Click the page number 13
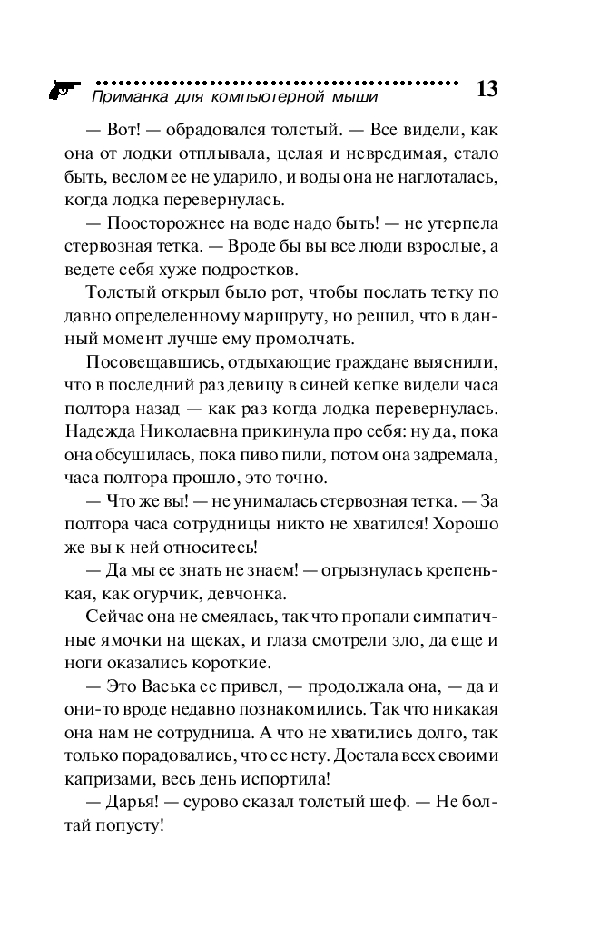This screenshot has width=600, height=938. point(487,89)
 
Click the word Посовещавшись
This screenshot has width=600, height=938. point(146,362)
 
